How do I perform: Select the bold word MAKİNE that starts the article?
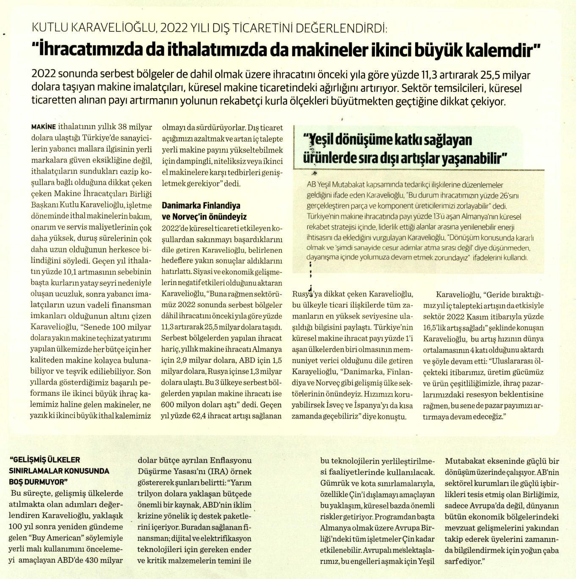tap(44, 127)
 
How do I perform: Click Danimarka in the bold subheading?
tap(182, 206)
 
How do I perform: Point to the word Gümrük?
tap(335, 483)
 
